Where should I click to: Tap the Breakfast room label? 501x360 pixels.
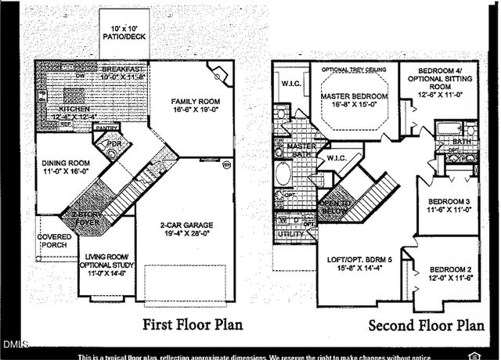(x=115, y=74)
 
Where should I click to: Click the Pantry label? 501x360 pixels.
(x=109, y=128)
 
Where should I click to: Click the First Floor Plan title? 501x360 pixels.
(x=192, y=324)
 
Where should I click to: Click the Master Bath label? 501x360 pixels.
(x=300, y=151)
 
